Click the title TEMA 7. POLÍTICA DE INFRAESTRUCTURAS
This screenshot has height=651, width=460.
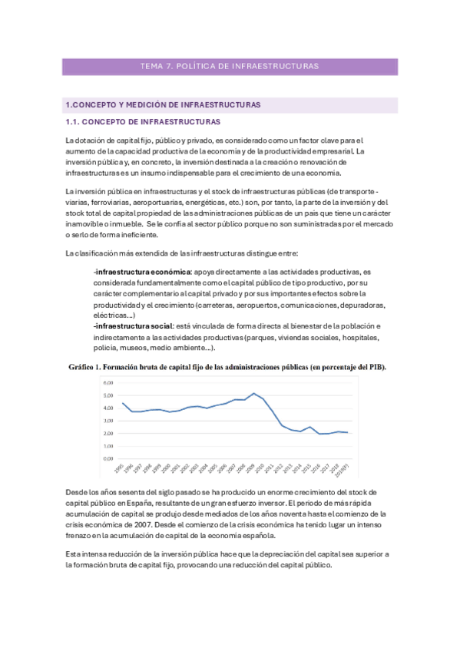click(x=230, y=67)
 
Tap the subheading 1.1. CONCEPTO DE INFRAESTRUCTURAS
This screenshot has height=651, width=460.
click(x=142, y=122)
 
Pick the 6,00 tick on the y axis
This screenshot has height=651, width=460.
click(x=108, y=382)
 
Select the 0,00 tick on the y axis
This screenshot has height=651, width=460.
click(x=108, y=458)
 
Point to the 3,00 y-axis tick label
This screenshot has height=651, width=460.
click(x=108, y=421)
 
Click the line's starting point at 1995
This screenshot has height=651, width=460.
click(x=123, y=403)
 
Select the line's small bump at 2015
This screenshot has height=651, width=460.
click(x=309, y=427)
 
